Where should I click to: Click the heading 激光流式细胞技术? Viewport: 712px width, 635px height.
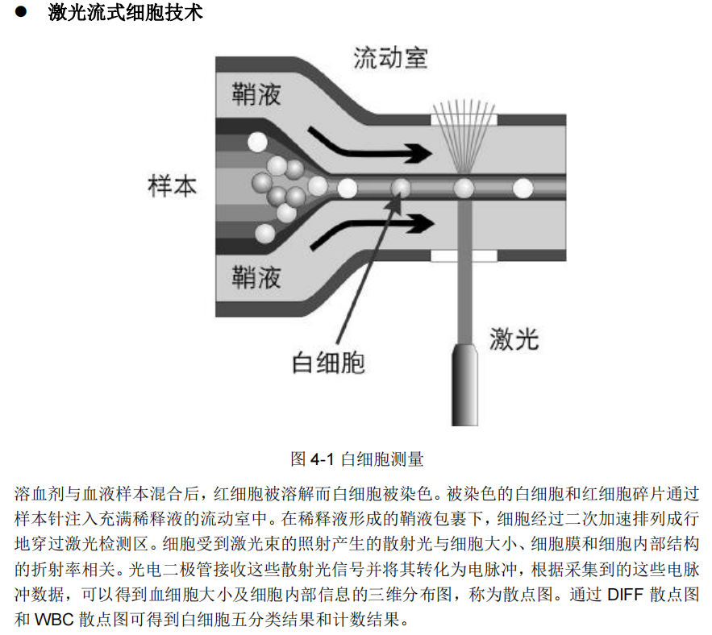click(125, 13)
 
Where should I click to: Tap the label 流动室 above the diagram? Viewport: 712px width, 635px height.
click(390, 58)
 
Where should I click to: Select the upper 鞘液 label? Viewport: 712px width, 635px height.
click(256, 94)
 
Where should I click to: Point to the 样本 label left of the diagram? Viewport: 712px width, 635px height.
click(173, 187)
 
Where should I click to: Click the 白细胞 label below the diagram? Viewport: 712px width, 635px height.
click(328, 362)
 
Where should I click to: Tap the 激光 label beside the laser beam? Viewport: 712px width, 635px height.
click(514, 339)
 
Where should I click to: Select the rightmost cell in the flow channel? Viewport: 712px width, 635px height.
click(524, 189)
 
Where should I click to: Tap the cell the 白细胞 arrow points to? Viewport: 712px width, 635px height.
click(401, 189)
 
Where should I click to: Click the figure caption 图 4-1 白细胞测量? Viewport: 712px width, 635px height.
click(356, 459)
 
